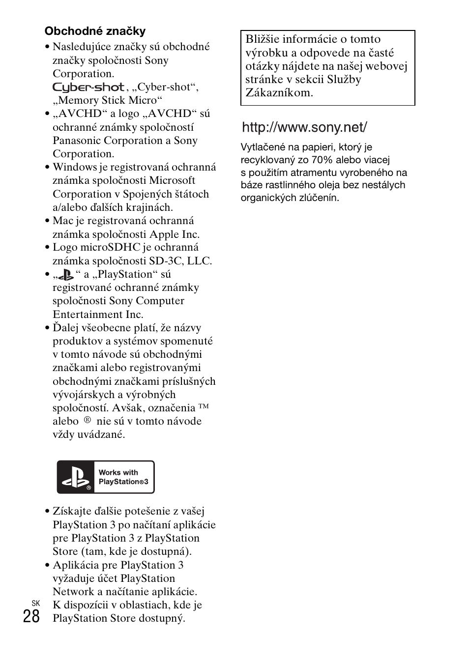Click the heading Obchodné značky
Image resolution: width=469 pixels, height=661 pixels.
95,31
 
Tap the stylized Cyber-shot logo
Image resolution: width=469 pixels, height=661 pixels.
88,87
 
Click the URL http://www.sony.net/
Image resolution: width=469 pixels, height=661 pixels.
304,127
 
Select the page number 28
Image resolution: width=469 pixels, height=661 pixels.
31,616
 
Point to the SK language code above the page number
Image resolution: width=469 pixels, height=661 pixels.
35,603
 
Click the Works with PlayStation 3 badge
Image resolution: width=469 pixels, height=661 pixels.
106,477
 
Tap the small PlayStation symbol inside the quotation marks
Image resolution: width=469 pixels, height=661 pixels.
65,275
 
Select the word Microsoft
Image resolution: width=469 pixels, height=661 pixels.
172,180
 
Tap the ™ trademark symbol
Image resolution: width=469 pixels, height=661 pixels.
204,406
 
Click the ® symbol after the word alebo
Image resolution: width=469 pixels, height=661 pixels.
87,420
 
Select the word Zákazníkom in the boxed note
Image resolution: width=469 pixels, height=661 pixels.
279,93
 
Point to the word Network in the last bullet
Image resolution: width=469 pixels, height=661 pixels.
73,592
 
